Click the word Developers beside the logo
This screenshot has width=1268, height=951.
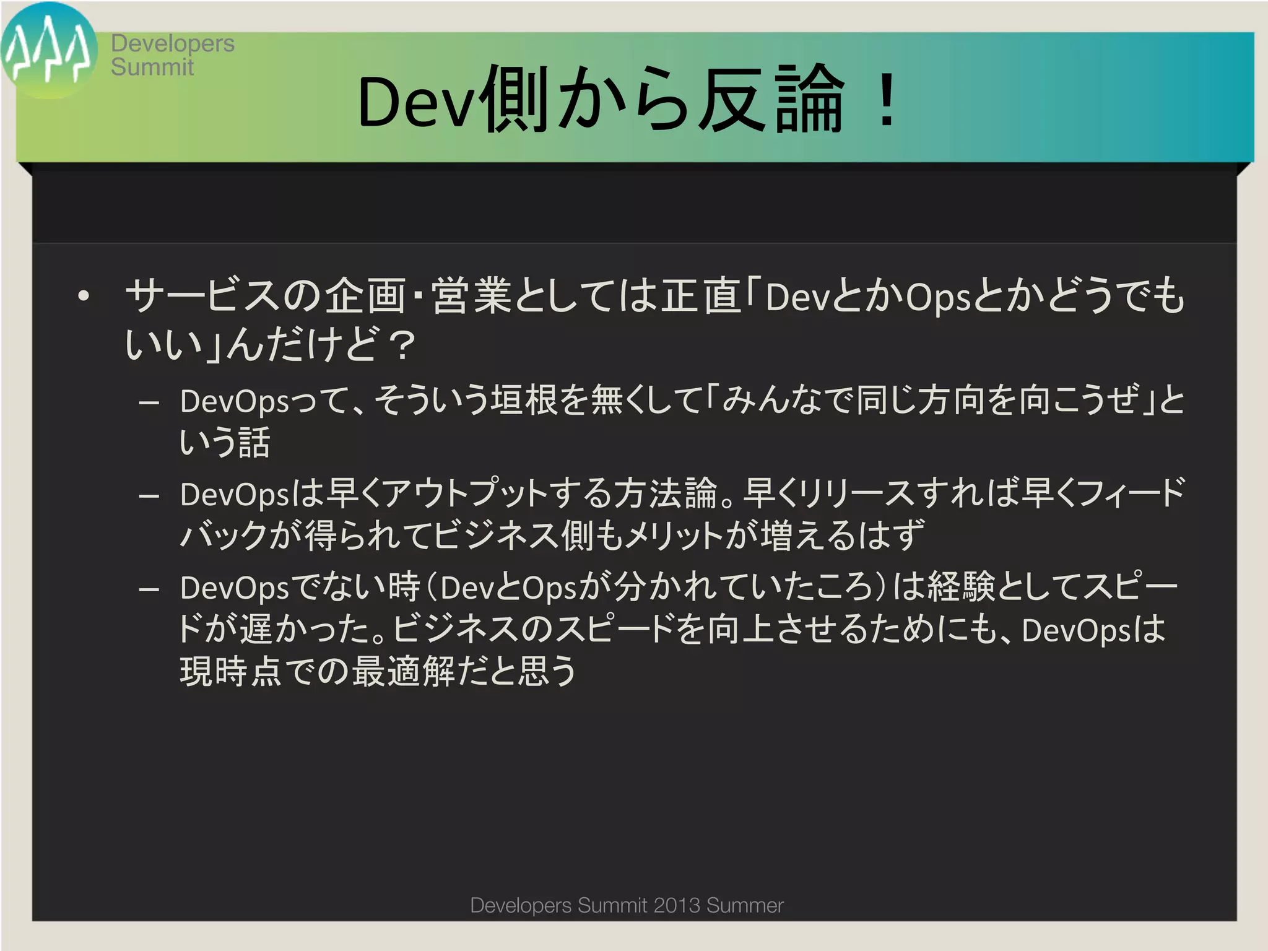click(173, 43)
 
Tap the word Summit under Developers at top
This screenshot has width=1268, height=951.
click(152, 67)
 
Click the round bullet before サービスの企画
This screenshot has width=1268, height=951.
click(84, 296)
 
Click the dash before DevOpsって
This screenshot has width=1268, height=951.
click(149, 403)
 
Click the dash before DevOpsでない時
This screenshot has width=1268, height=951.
click(149, 589)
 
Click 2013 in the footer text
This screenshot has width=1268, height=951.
click(677, 905)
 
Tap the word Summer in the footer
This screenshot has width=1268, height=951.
click(745, 905)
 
